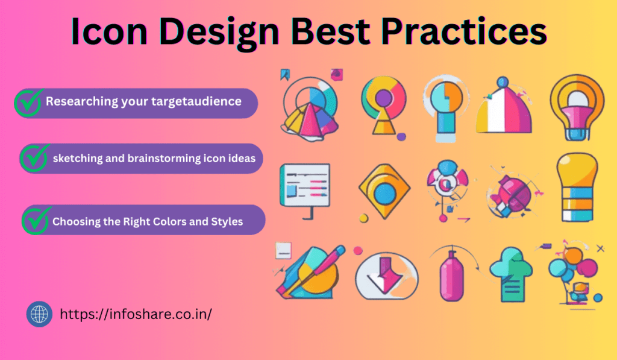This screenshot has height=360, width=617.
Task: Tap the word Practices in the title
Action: (464, 31)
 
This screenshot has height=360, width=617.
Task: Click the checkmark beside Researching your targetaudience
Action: (29, 103)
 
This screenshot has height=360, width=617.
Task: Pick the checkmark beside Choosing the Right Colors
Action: (37, 220)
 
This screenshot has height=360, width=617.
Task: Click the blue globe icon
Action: (39, 314)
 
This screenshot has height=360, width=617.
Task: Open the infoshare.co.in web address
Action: (136, 314)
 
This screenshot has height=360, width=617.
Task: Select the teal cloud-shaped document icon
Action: (511, 274)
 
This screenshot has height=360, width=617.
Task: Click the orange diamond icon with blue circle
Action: (384, 191)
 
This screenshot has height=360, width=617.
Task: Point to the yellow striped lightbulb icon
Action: (577, 187)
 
